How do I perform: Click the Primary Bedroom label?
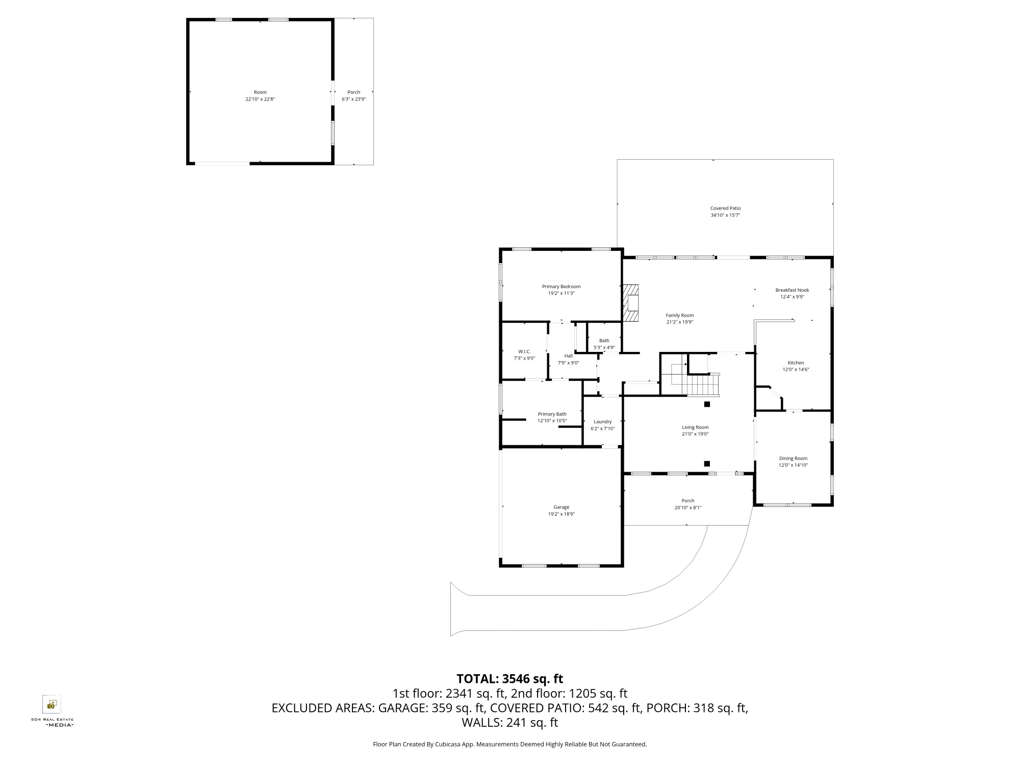coord(561,287)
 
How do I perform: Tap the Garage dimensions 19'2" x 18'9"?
coord(561,514)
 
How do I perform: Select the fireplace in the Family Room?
coord(631,303)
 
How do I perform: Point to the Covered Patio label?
coord(725,208)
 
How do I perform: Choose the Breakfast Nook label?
coord(792,290)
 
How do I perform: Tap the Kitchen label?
coord(796,363)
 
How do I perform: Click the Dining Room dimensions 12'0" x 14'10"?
coord(793,465)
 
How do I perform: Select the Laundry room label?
coord(602,422)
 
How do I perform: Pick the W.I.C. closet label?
coord(524,351)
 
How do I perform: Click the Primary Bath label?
coord(552,414)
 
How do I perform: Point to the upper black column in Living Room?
coord(707,404)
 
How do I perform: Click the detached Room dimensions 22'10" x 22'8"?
coord(260,99)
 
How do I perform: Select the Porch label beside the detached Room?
coord(354,92)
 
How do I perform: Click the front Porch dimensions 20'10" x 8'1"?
coord(688,507)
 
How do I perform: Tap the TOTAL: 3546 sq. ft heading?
coord(509,679)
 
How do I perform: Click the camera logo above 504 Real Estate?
coord(52,704)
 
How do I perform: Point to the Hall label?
coord(568,356)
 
